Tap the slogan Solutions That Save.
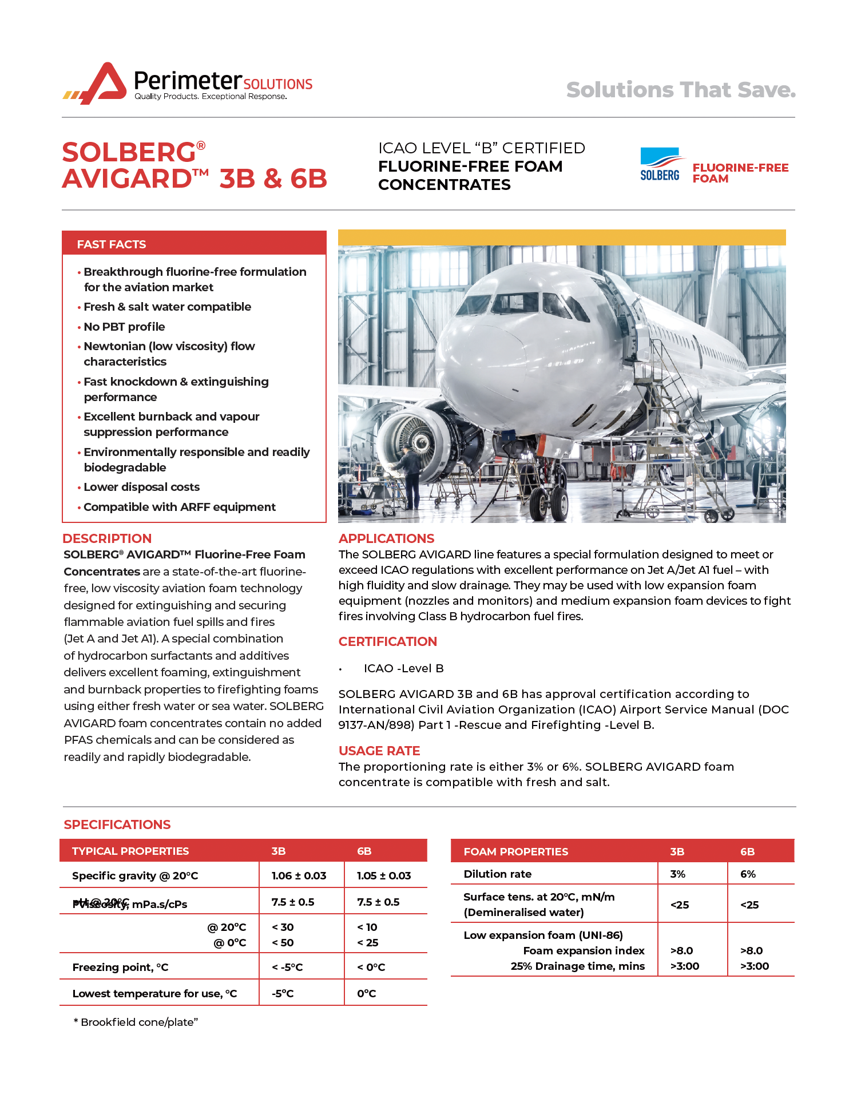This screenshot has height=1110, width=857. [x=681, y=90]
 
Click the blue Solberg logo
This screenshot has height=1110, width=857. [x=660, y=165]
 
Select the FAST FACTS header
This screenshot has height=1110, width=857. [x=112, y=244]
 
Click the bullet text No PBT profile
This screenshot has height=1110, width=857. [x=124, y=327]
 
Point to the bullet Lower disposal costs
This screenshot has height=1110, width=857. [x=141, y=487]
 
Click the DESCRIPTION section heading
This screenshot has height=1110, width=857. [x=107, y=538]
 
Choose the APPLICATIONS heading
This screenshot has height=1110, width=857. [x=386, y=538]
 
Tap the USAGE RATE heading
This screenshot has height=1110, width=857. [x=379, y=751]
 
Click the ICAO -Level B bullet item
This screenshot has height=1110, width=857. [x=403, y=668]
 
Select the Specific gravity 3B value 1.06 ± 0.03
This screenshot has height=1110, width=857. [x=299, y=875]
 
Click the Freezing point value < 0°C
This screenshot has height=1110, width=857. [x=371, y=967]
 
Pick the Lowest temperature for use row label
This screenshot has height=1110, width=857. [x=154, y=993]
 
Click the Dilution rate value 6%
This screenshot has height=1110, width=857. [x=748, y=874]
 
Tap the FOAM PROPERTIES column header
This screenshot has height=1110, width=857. [x=515, y=851]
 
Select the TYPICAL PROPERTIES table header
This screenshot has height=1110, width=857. [x=130, y=851]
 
